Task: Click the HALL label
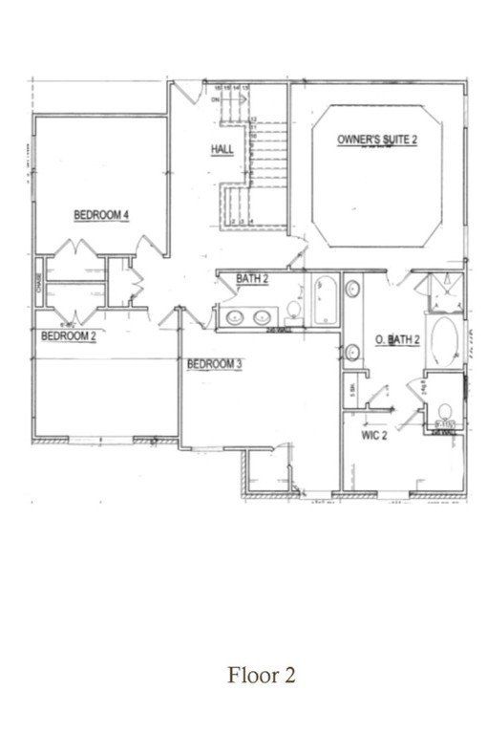(x=222, y=150)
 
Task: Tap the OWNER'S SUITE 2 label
(x=377, y=140)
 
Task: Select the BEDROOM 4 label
(x=101, y=215)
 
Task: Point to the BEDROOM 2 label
(x=67, y=335)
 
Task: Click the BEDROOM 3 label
(x=214, y=363)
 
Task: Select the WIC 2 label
(x=371, y=436)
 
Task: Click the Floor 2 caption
(x=261, y=675)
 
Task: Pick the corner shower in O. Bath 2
(x=443, y=291)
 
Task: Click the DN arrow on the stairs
(x=218, y=98)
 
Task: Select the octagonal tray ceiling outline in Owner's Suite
(x=378, y=177)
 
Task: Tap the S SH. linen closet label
(x=352, y=389)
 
